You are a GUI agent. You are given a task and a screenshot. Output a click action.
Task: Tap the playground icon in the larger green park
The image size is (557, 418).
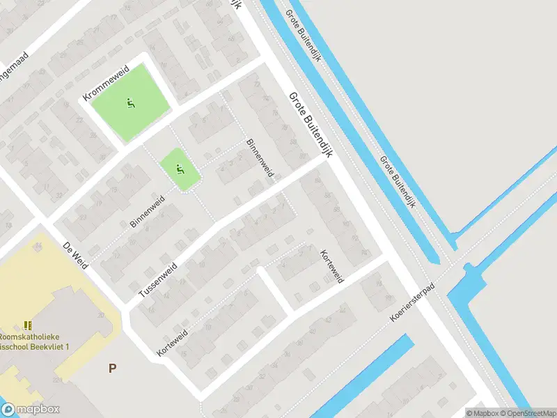coord(130,104)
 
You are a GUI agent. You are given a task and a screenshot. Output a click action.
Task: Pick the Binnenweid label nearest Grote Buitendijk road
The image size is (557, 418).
coord(260,157)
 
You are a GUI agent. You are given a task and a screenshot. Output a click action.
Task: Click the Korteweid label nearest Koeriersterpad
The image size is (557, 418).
coord(331,265)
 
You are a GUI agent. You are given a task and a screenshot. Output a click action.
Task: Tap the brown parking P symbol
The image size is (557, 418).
coord(112,368)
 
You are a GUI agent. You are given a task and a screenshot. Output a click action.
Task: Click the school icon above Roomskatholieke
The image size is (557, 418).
coord(28,325)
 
